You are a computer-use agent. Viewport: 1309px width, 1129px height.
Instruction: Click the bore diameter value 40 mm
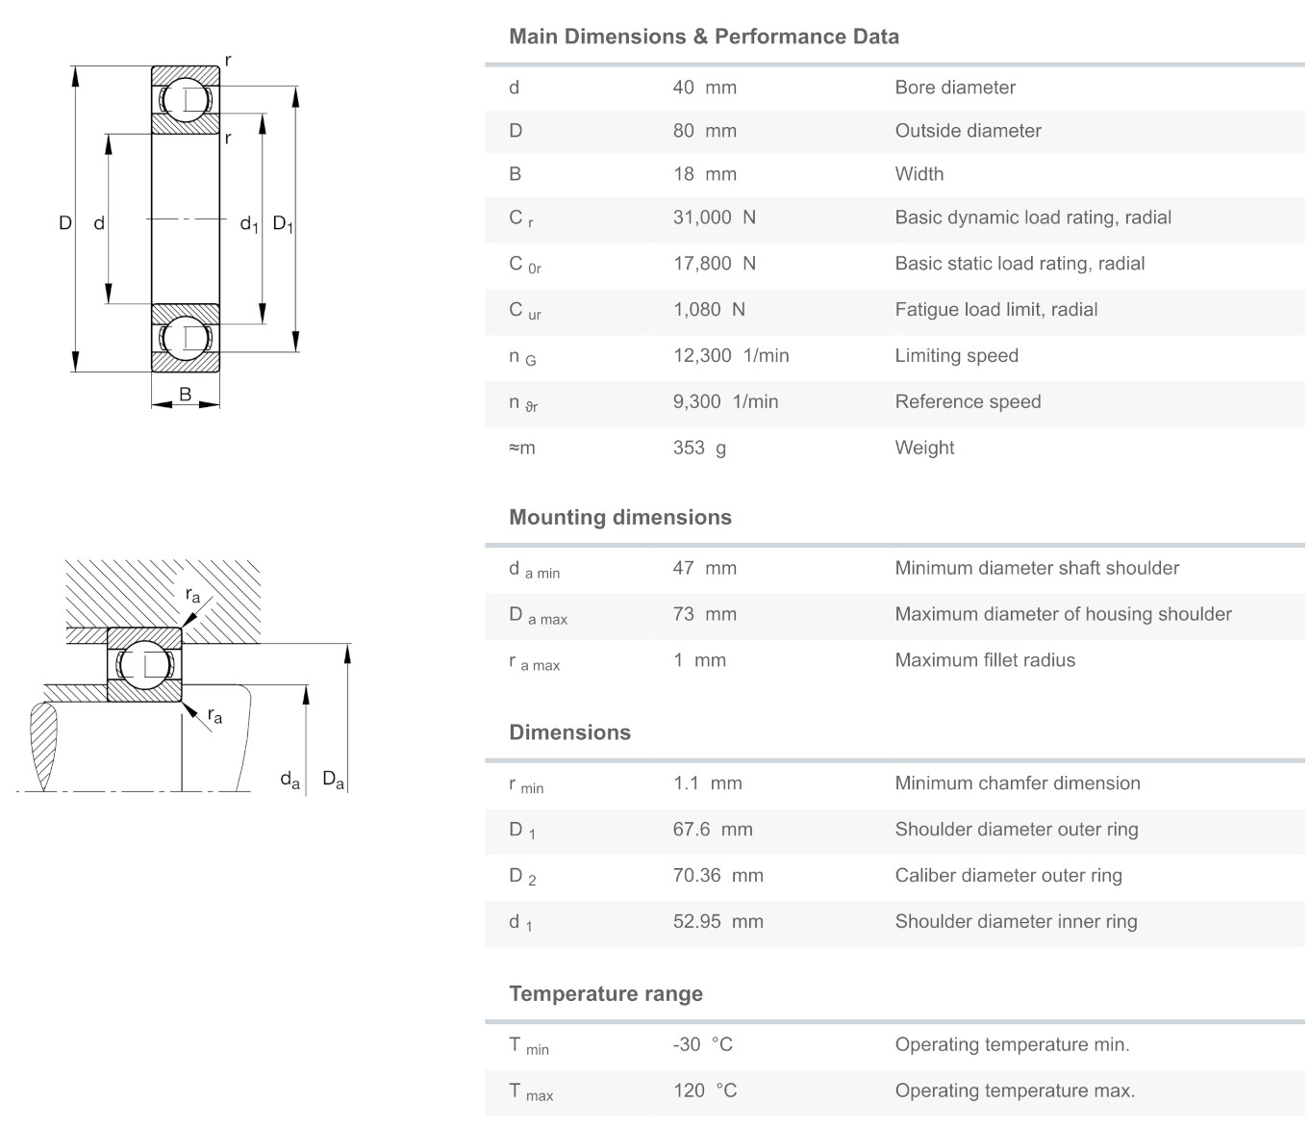click(704, 88)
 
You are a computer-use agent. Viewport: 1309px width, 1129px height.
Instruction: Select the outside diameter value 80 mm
click(704, 131)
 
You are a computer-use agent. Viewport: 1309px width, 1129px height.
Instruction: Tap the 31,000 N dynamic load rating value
click(714, 218)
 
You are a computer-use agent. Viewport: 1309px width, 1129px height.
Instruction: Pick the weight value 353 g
click(699, 448)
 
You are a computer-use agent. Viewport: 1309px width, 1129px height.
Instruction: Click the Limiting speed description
click(956, 356)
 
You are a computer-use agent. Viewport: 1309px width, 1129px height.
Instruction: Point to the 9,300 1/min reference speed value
click(725, 402)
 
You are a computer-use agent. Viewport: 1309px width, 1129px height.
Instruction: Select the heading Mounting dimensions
click(619, 518)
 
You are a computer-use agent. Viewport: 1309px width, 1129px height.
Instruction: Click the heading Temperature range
click(605, 994)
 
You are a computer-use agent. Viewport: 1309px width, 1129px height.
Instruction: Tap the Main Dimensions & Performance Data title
click(703, 37)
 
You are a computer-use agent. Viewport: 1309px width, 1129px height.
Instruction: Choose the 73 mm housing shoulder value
click(704, 614)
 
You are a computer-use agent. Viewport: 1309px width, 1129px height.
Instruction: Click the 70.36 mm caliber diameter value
click(717, 876)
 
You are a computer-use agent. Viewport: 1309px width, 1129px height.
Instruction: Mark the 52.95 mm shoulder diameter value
click(717, 922)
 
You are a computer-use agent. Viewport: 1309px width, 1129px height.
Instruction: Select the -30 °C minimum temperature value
click(702, 1045)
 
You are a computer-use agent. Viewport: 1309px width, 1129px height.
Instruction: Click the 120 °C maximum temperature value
click(704, 1091)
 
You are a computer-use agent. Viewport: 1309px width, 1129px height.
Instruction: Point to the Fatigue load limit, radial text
click(995, 310)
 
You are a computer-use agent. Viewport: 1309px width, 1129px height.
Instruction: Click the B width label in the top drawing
click(185, 395)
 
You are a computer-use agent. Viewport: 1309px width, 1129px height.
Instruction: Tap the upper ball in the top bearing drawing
click(186, 100)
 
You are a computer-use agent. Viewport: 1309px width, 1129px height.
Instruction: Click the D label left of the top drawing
click(65, 223)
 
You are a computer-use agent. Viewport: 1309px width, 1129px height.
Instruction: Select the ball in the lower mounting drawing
click(145, 664)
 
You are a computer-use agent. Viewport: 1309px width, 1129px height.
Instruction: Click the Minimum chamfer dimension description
click(1017, 783)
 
